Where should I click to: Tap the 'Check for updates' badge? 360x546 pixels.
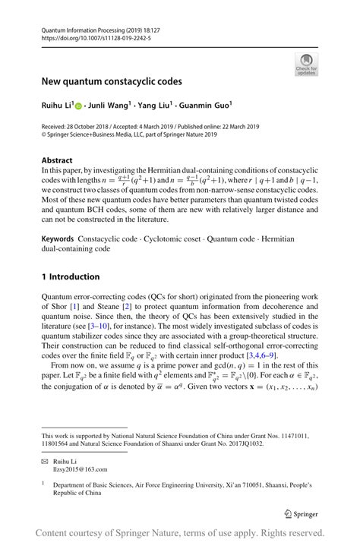[306, 64]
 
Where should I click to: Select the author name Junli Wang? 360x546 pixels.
[108, 106]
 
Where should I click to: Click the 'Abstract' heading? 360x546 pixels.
[58, 161]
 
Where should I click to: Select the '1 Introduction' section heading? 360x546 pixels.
[71, 276]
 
